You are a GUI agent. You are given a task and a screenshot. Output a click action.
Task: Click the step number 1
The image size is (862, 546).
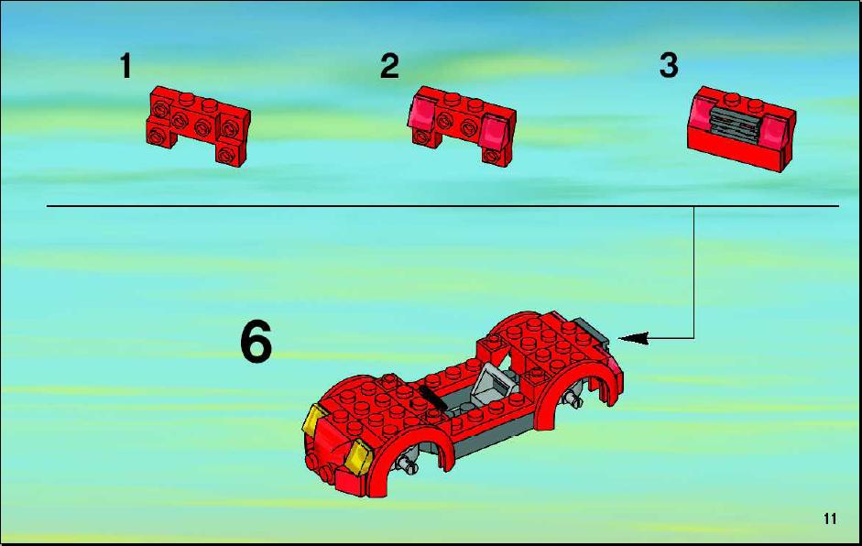(x=125, y=66)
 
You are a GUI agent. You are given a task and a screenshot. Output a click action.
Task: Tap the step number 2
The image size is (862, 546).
(x=389, y=66)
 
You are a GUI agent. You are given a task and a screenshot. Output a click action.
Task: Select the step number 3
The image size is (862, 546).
(x=669, y=66)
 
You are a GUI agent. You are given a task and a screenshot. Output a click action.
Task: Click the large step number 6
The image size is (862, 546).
(x=256, y=342)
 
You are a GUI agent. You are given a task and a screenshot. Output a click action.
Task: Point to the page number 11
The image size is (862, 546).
(x=830, y=519)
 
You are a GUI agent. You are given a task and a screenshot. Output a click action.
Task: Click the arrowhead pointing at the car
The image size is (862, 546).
(x=633, y=338)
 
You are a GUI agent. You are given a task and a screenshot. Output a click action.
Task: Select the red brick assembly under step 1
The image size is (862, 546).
(x=198, y=126)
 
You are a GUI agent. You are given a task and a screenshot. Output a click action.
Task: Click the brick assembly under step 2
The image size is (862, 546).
(x=462, y=126)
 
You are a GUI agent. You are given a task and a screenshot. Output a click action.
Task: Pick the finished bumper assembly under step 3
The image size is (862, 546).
(x=741, y=128)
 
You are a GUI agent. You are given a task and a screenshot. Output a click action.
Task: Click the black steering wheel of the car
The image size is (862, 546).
(x=431, y=396)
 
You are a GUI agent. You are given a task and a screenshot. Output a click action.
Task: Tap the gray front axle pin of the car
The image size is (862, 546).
(x=409, y=465)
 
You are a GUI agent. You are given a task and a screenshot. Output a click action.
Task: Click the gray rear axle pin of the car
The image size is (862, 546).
(x=575, y=399)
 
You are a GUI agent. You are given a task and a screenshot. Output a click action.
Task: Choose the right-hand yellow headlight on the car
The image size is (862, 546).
(x=359, y=456)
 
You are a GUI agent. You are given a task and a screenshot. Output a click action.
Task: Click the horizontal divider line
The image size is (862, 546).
(x=442, y=206)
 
